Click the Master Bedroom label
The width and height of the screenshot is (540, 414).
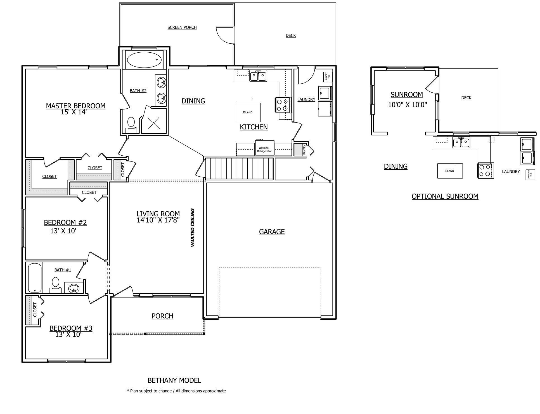76,106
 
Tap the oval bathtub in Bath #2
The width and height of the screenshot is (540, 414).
144,60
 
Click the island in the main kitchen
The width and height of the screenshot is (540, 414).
248,112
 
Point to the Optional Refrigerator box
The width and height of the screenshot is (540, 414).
264,148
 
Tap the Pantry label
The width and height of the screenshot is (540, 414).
304,149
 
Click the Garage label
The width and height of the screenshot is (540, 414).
272,232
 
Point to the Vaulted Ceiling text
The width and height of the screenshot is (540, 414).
193,228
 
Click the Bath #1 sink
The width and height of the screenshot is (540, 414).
74,288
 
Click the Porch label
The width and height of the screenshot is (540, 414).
162,316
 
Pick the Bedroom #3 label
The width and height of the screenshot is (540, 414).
71,328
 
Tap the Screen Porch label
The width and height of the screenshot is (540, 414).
182,27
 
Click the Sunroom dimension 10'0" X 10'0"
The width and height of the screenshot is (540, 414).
408,105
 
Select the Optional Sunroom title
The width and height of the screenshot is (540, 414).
445,196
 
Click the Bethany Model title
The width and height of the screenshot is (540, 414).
174,380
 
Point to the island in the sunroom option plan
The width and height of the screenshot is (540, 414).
450,171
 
